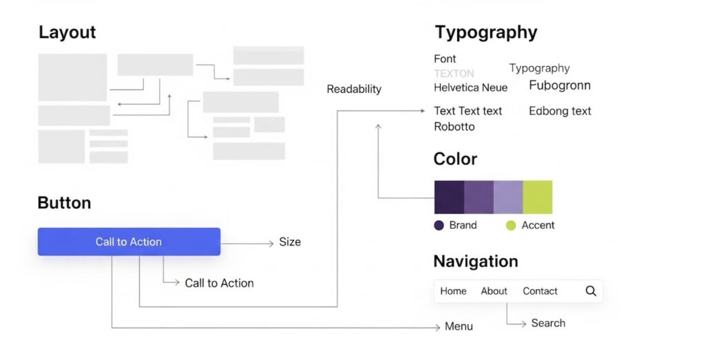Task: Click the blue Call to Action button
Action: [129, 242]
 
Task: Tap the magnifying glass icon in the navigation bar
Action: [591, 291]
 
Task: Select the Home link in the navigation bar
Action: [453, 291]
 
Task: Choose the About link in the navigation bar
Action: [494, 291]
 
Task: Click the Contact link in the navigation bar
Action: [540, 291]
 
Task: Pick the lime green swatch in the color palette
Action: [538, 197]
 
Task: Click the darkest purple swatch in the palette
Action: [449, 197]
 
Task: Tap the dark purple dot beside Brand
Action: [439, 225]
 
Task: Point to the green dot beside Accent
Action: [511, 225]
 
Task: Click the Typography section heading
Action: [485, 32]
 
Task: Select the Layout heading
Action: [67, 32]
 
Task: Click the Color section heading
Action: [455, 159]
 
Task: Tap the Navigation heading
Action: [475, 262]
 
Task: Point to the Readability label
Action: [354, 89]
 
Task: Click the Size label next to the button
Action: [290, 242]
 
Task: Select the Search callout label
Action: [548, 323]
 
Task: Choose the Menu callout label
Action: [459, 326]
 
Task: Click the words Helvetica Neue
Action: [470, 87]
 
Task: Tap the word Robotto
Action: [454, 127]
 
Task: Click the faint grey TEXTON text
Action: [454, 73]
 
